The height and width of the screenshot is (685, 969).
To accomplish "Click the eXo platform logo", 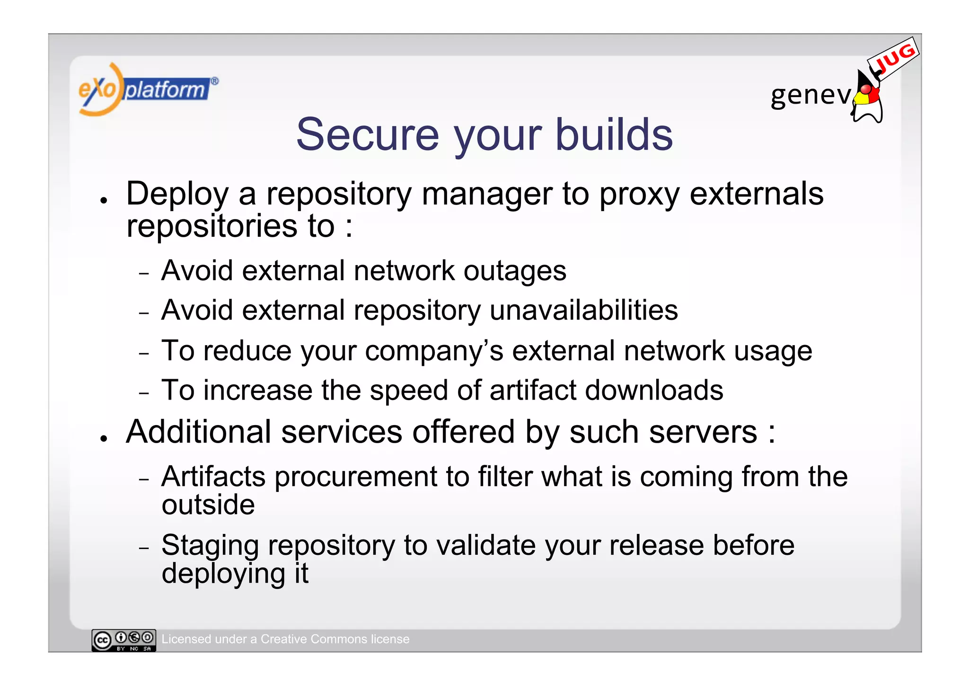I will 147,89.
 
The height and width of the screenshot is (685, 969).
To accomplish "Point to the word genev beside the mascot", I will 810,95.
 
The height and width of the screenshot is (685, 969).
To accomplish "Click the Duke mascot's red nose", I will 865,89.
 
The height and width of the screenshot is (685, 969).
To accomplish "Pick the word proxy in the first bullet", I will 639,195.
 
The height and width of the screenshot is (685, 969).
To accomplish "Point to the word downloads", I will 654,391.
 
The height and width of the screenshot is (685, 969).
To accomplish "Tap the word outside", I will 208,505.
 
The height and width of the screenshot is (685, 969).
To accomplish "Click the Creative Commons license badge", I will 123,640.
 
